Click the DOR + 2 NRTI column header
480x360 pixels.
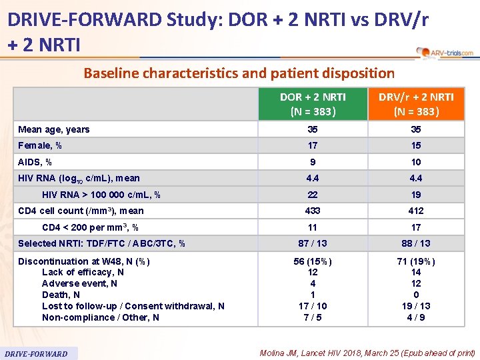tap(313, 104)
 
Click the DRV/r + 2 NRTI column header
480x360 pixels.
tap(416, 104)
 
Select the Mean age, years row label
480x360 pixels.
tap(54, 129)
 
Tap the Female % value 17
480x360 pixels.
tap(313, 145)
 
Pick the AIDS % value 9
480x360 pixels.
tap(313, 162)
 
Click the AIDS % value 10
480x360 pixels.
tap(416, 162)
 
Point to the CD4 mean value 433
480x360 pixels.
tap(313, 211)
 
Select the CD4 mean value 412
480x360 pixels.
tap(416, 211)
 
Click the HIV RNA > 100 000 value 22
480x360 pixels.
tap(313, 195)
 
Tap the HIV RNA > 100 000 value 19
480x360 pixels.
tap(416, 195)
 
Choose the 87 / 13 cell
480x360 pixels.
tap(313, 243)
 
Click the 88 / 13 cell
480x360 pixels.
tap(416, 243)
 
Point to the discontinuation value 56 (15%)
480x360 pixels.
tap(313, 261)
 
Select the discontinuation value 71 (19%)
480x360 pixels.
tap(416, 261)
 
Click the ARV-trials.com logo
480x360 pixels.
tap(445, 53)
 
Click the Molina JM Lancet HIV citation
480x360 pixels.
tap(367, 353)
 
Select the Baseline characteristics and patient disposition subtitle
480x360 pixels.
tap(239, 73)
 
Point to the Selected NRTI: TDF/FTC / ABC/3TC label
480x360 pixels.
tap(102, 243)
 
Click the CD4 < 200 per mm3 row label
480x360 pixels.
tap(90, 227)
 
